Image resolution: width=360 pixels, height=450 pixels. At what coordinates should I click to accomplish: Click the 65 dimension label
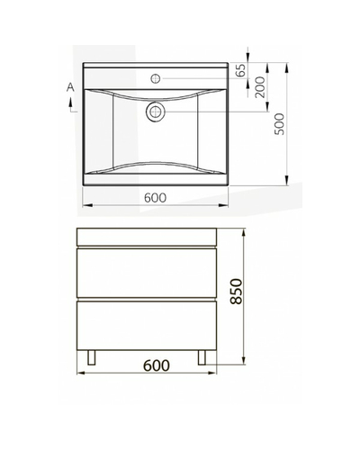(241, 70)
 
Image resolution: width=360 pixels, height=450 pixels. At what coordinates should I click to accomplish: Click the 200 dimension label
(260, 87)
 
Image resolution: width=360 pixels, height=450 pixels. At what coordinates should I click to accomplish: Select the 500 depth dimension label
(279, 124)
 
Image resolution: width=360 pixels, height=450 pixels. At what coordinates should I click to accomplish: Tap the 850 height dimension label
(237, 292)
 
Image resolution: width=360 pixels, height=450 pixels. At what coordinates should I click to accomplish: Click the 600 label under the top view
(155, 198)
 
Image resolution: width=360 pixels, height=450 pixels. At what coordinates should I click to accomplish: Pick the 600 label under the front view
(157, 365)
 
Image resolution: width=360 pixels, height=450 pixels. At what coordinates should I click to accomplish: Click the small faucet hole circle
(156, 78)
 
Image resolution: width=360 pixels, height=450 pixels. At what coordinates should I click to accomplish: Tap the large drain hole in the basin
(156, 112)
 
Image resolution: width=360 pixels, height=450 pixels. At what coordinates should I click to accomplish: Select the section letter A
(70, 87)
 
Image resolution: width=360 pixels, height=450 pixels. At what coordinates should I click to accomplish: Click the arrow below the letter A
(71, 104)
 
